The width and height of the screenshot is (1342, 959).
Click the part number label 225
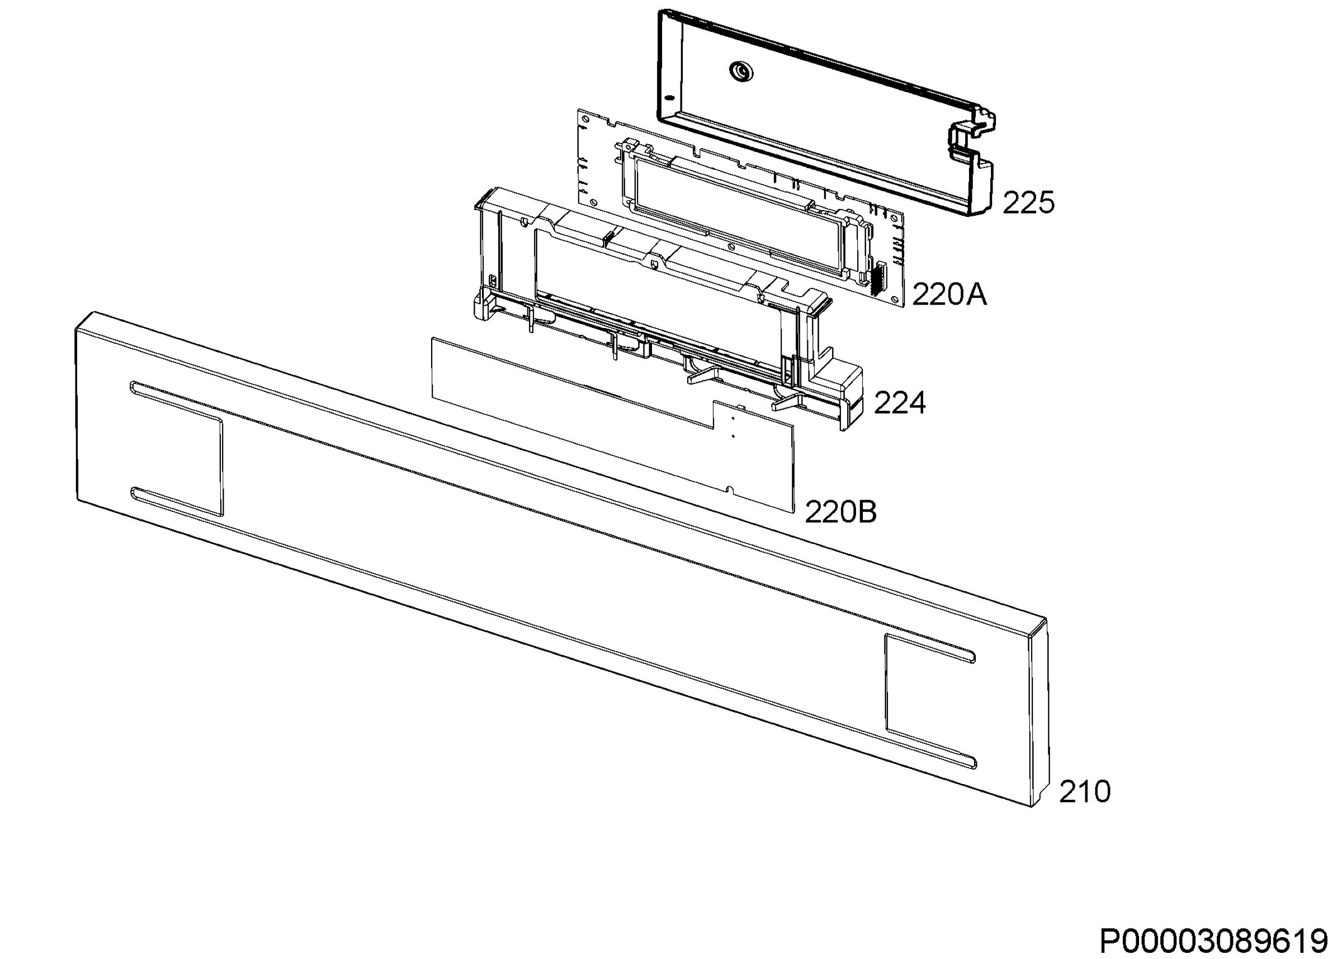(x=1028, y=203)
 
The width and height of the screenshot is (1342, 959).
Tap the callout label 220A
(x=949, y=294)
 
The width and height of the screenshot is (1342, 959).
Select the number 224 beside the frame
(x=900, y=403)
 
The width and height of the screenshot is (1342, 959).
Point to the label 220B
(x=840, y=512)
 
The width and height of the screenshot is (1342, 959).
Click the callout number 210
(x=1084, y=792)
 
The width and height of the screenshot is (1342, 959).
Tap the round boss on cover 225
(x=741, y=72)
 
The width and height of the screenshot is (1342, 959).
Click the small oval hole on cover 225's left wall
(x=669, y=97)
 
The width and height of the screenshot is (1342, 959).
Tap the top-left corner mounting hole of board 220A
(x=585, y=118)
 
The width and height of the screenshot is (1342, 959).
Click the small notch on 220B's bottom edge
(x=730, y=489)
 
